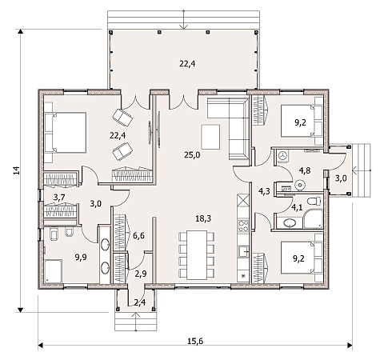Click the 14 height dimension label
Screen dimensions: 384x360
point(17,170)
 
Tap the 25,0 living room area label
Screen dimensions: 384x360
point(192,154)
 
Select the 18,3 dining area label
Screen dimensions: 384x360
point(203,218)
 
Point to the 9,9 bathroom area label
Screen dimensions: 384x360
point(81,258)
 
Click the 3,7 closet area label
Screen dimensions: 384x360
point(59,198)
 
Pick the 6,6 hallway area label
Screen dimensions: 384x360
point(138,235)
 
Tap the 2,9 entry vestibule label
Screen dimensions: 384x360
point(141,274)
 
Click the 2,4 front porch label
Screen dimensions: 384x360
point(140,302)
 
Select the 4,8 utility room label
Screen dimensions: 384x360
point(305,170)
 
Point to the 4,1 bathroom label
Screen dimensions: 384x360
point(297,207)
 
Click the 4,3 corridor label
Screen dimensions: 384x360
point(264,191)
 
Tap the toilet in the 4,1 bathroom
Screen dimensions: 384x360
point(314,201)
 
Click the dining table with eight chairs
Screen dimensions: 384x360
point(197,254)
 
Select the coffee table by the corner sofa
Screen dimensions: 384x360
point(210,137)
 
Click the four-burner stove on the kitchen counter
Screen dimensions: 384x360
point(243,226)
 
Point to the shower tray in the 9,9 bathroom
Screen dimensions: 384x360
point(54,271)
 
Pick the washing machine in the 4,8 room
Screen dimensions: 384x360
point(282,156)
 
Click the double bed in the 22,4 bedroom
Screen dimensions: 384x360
point(66,133)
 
